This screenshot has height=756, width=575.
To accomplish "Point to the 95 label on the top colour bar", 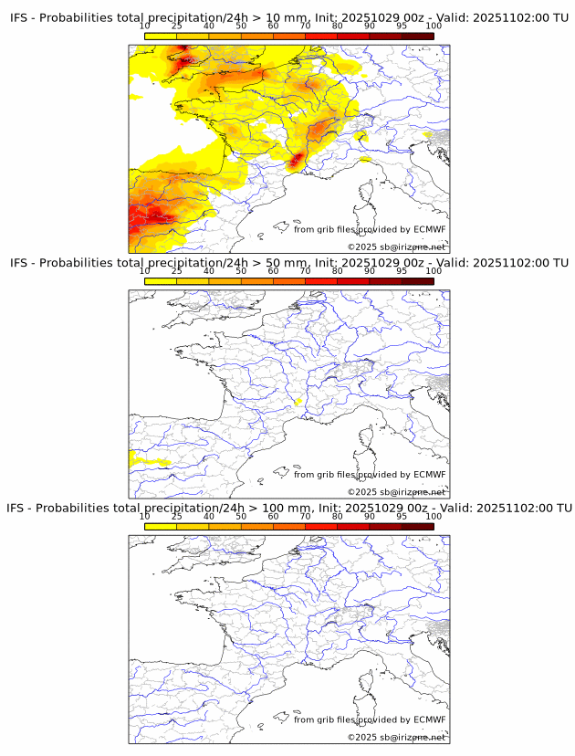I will [x=402, y=26].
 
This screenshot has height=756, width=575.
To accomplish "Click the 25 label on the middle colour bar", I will [x=176, y=271].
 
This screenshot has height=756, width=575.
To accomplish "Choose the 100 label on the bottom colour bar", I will [x=434, y=516].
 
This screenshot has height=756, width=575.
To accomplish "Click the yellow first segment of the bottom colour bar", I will [x=160, y=526].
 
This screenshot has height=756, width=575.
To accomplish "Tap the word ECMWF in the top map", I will [x=430, y=229].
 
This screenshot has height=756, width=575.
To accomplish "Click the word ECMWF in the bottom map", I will [x=430, y=719].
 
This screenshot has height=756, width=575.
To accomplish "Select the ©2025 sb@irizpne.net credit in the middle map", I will [x=396, y=492].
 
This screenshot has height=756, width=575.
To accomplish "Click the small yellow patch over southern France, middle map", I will [x=298, y=401].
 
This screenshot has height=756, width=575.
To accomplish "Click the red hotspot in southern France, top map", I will [x=296, y=163].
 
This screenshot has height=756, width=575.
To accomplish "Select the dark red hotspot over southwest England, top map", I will [x=187, y=61].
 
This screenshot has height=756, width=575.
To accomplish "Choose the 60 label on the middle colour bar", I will [x=273, y=271].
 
